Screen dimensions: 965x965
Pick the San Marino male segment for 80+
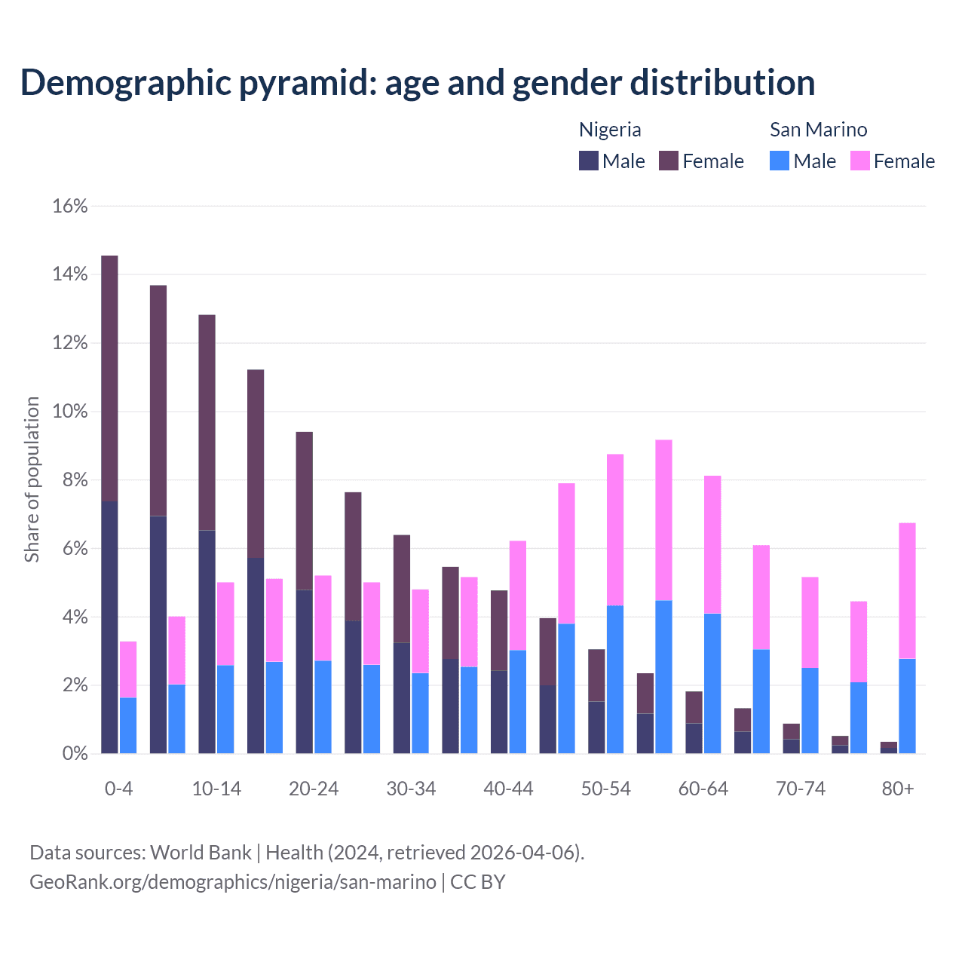click(907, 706)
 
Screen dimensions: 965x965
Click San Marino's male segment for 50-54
click(615, 679)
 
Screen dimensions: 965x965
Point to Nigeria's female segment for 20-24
click(304, 510)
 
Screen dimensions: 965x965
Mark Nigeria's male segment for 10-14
click(207, 642)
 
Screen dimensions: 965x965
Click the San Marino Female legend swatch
click(859, 161)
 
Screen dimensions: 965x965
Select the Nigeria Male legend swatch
click(589, 161)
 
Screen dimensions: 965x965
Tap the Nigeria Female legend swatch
click(669, 161)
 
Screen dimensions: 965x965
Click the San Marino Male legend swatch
click(780, 161)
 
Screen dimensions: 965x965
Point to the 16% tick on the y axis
click(70, 206)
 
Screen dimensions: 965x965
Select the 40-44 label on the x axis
click(508, 789)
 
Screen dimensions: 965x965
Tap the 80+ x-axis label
click(898, 789)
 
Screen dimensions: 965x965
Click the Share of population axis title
click(32, 479)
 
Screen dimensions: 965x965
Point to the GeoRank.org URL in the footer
click(232, 881)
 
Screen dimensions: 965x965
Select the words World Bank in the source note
click(201, 853)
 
